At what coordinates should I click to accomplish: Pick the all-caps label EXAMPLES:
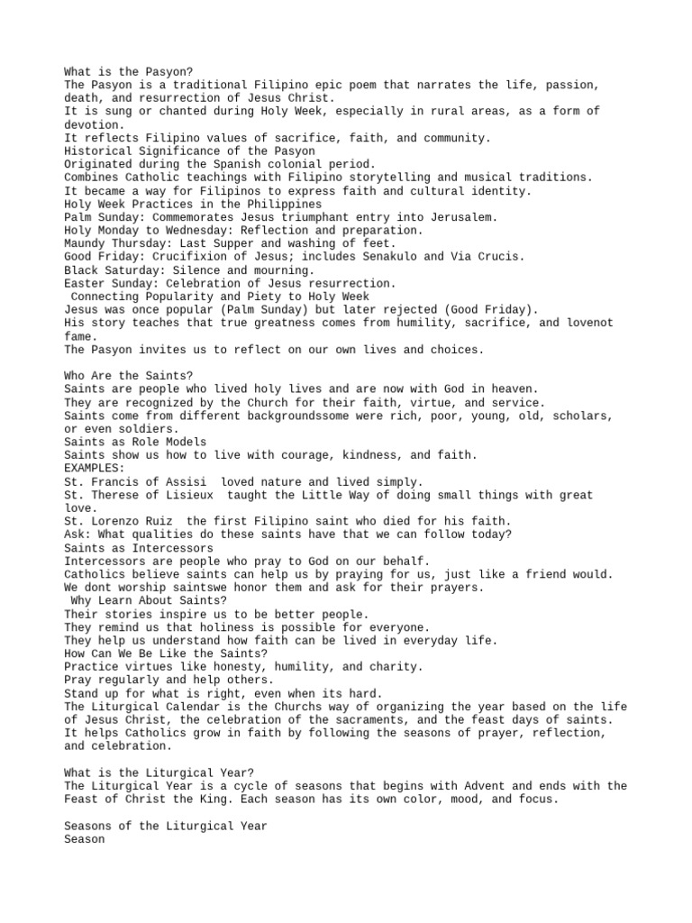pyautogui.click(x=94, y=469)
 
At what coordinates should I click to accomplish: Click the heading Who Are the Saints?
pyautogui.click(x=129, y=376)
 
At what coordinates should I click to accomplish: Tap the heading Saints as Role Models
pyautogui.click(x=135, y=443)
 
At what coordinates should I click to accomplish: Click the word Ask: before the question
pyautogui.click(x=77, y=535)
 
